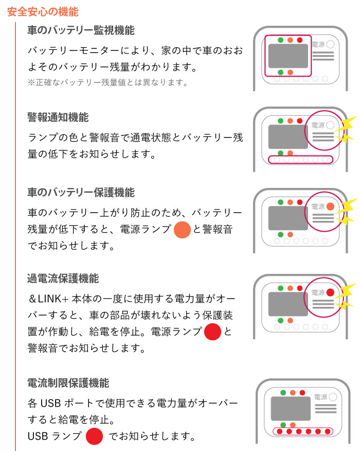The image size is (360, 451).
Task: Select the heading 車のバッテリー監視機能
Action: [x=81, y=30]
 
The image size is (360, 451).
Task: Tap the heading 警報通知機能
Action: [x=58, y=118]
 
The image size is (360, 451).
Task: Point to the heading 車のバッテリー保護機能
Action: [x=81, y=193]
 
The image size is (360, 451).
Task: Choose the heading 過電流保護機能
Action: [x=63, y=279]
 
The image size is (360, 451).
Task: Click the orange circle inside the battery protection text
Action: [x=182, y=230]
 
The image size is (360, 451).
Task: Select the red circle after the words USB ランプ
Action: [x=95, y=437]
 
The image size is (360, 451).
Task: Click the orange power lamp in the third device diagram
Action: [x=330, y=206]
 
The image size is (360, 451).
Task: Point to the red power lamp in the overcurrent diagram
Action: [x=330, y=292]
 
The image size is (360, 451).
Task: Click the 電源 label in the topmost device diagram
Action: [x=318, y=45]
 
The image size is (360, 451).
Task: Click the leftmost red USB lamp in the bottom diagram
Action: [x=279, y=431]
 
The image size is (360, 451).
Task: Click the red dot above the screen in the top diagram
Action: [x=300, y=40]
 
